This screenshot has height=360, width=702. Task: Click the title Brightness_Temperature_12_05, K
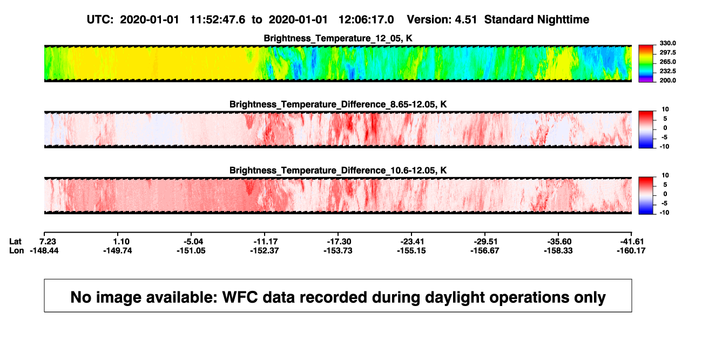[x=338, y=38]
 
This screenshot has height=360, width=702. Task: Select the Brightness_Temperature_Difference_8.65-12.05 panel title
[x=338, y=105]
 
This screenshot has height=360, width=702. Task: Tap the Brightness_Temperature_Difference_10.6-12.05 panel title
[x=338, y=171]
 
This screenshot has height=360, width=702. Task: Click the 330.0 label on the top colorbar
[x=667, y=43]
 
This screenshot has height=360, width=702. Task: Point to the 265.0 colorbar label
[x=667, y=62]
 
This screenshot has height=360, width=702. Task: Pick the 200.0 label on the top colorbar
[x=667, y=80]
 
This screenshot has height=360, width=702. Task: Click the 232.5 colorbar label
[x=667, y=71]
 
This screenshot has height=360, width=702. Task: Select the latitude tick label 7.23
[x=48, y=242]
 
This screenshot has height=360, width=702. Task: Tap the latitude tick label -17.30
[x=339, y=242]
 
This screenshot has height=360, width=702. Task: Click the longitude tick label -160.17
[x=631, y=250]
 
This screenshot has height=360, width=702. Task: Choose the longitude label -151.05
[x=191, y=250]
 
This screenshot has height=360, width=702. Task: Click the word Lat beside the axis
[x=15, y=242]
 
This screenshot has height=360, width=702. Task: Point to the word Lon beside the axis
[x=16, y=250]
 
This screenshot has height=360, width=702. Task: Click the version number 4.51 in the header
[x=465, y=20]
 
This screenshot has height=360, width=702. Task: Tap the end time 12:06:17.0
[x=366, y=20]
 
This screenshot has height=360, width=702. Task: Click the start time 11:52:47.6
[x=218, y=20]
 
